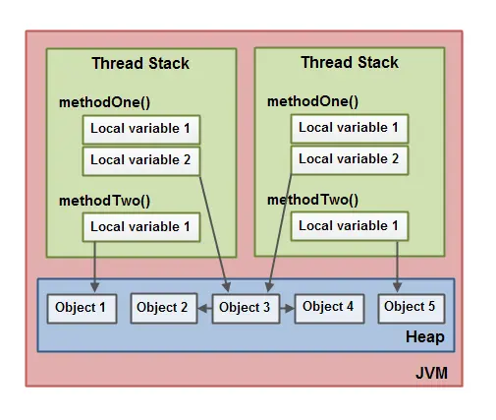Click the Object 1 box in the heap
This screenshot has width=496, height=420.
click(82, 308)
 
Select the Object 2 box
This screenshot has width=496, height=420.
click(162, 308)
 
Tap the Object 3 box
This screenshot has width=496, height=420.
click(245, 308)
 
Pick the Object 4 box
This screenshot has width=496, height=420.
click(328, 307)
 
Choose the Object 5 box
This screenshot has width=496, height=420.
click(410, 307)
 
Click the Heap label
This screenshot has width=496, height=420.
click(424, 337)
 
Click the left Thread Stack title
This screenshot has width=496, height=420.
click(140, 63)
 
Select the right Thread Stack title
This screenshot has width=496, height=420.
click(350, 62)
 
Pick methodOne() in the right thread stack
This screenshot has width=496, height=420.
click(312, 101)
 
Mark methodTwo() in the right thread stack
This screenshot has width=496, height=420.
click(312, 200)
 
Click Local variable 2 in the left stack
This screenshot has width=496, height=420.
click(141, 159)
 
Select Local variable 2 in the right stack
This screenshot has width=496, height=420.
click(349, 158)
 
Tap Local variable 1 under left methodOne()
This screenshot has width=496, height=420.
click(141, 129)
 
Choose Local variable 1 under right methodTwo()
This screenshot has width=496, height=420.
click(349, 226)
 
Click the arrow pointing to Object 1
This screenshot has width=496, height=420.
click(95, 266)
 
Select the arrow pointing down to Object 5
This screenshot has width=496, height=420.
click(398, 266)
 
